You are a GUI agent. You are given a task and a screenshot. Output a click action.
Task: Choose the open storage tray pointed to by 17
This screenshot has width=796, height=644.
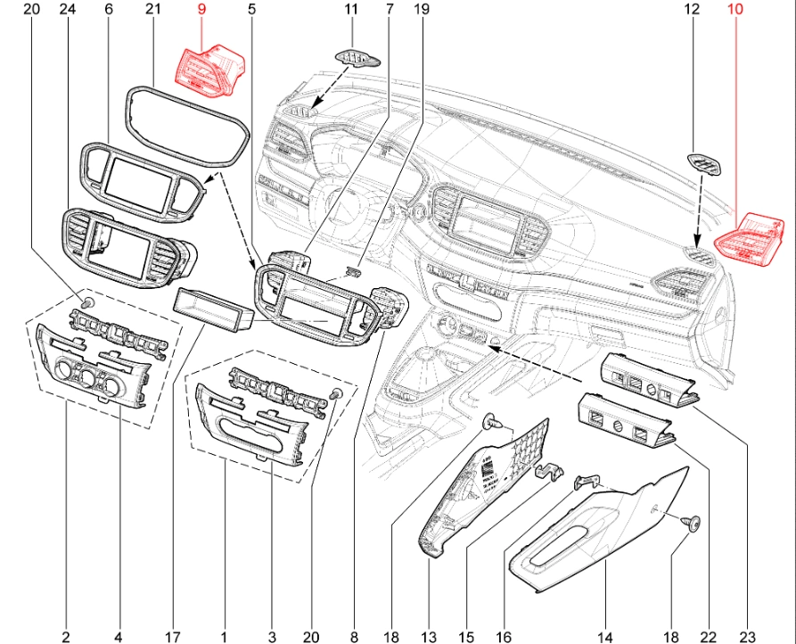(211, 308)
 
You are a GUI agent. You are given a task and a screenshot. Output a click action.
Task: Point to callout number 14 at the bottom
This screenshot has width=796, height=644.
(605, 637)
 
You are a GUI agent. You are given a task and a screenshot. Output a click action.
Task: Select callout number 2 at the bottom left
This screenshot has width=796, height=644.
(66, 637)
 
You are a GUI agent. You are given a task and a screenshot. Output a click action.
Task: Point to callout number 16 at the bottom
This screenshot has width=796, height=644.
(505, 637)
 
